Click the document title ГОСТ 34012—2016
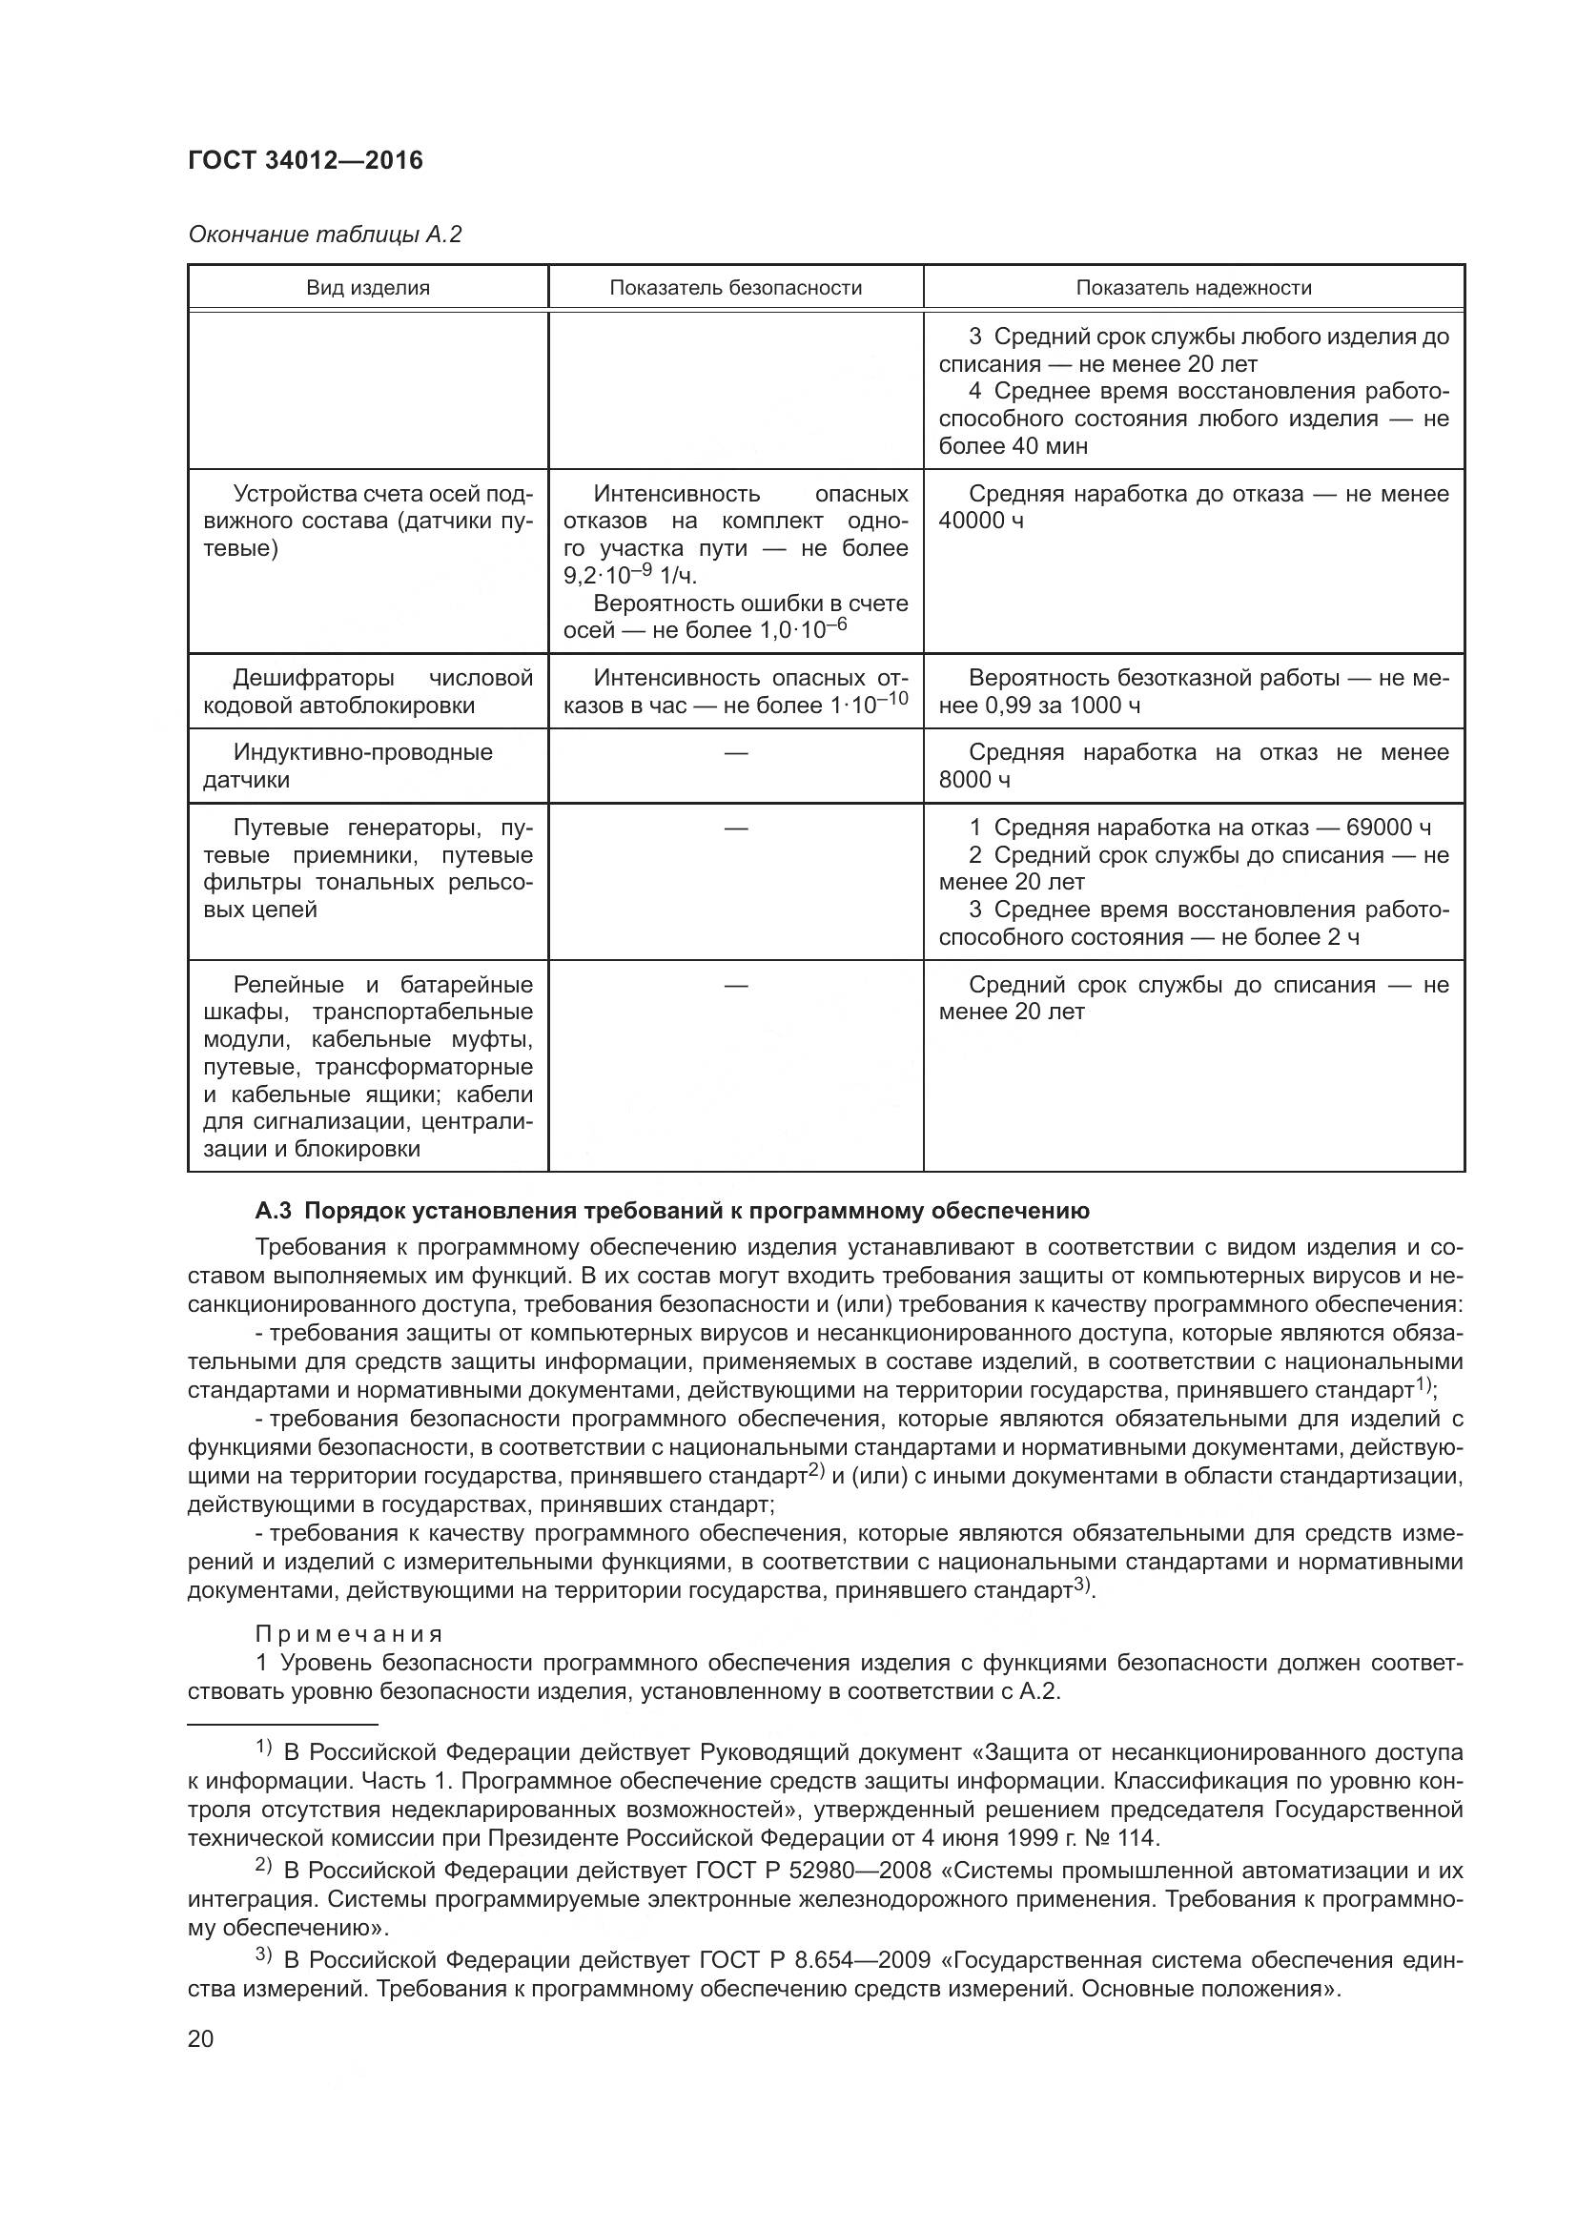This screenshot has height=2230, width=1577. (305, 160)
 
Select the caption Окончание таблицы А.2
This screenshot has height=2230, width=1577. (324, 235)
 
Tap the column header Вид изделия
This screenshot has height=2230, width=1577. (367, 288)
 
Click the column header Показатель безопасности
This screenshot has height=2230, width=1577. (735, 288)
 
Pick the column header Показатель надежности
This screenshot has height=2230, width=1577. (1193, 288)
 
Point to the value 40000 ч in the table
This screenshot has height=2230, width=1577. (981, 521)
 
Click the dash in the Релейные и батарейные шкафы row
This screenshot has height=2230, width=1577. (735, 986)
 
